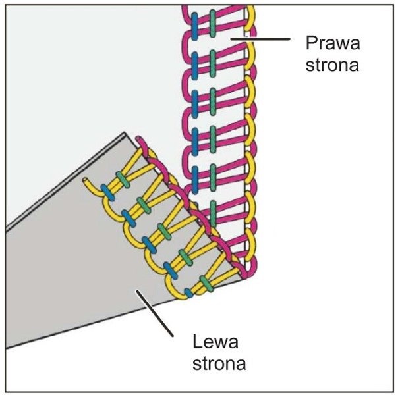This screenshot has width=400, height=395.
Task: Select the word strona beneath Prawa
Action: (x=331, y=66)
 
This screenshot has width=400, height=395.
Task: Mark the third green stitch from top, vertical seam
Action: (x=213, y=101)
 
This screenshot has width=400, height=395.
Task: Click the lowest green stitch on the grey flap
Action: (x=206, y=283)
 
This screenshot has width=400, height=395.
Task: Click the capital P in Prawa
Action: (x=310, y=44)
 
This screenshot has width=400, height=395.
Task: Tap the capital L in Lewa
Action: (x=198, y=341)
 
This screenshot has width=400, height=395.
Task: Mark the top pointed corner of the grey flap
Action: (x=124, y=135)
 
